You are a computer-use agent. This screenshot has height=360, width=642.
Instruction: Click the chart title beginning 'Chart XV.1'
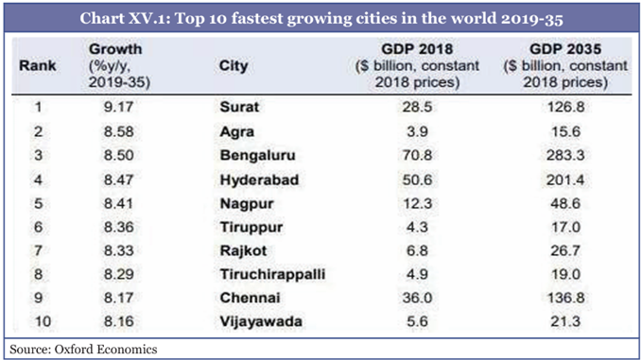coord(321,18)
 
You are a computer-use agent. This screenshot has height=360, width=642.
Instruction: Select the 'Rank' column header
coord(37,66)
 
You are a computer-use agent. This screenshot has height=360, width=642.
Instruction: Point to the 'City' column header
coord(234,66)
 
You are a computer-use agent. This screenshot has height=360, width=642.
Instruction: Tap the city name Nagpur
coord(242,202)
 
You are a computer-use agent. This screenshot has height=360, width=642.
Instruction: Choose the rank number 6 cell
coord(39,227)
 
